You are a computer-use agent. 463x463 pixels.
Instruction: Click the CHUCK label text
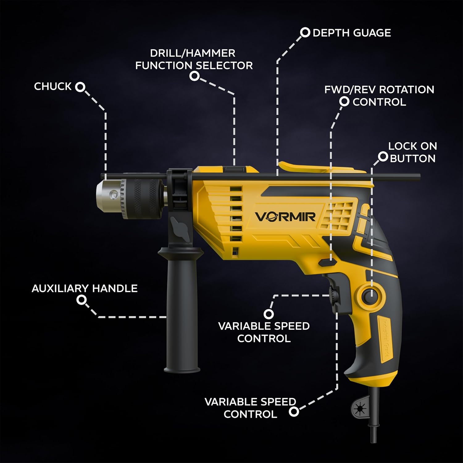[52, 86]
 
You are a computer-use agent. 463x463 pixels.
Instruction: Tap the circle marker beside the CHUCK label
[80, 87]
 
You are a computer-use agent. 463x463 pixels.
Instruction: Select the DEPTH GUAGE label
[352, 33]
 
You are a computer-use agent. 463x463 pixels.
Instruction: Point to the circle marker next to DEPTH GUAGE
[305, 32]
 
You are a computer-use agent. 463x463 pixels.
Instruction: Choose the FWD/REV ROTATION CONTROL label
[379, 96]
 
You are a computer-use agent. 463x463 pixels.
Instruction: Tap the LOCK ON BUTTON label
[412, 152]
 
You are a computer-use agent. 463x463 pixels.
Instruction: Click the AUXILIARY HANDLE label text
[85, 289]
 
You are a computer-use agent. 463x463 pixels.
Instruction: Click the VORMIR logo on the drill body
[285, 217]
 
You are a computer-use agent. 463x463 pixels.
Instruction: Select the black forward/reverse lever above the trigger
[327, 262]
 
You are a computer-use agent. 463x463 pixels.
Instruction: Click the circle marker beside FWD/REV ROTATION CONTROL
[344, 102]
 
